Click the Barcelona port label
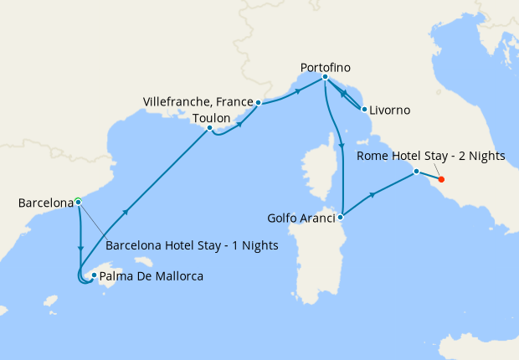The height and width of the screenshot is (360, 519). (x=44, y=203)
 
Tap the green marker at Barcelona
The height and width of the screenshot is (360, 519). (x=77, y=201)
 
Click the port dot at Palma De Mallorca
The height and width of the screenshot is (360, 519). (x=94, y=275)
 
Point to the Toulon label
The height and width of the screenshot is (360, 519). (x=211, y=118)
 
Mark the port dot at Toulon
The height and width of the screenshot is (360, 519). (x=209, y=128)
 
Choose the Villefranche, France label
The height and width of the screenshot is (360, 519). (x=198, y=102)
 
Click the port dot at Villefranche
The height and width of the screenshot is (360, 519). (x=259, y=102)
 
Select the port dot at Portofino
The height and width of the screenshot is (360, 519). (x=325, y=77)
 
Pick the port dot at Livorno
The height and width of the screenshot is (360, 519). (x=364, y=109)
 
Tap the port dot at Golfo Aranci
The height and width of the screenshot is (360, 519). (x=341, y=217)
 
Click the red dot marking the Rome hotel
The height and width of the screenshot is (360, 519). (x=441, y=179)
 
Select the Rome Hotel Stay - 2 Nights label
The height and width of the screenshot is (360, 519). (x=430, y=156)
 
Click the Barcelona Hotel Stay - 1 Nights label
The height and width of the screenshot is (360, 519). (x=193, y=246)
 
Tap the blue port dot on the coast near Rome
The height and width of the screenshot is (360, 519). (x=416, y=172)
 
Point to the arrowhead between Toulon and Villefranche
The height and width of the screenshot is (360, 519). (x=241, y=124)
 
